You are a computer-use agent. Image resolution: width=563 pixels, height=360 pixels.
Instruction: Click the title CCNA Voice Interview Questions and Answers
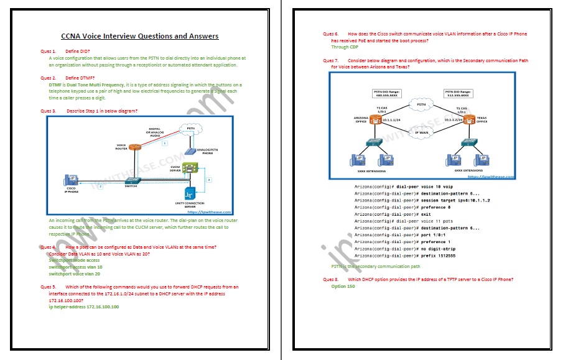coord(139,36)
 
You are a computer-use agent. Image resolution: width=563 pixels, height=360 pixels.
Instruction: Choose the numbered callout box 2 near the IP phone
coord(100,187)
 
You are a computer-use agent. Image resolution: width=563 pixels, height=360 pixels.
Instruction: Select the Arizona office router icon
coord(375,119)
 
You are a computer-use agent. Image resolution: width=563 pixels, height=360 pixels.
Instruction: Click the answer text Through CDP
coord(345,47)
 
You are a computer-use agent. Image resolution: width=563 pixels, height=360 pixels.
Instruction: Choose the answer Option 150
coord(343,287)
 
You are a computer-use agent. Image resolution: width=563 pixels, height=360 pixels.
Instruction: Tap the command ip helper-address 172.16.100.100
coord(84,307)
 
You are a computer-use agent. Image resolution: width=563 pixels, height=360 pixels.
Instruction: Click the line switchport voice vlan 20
coord(74,274)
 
